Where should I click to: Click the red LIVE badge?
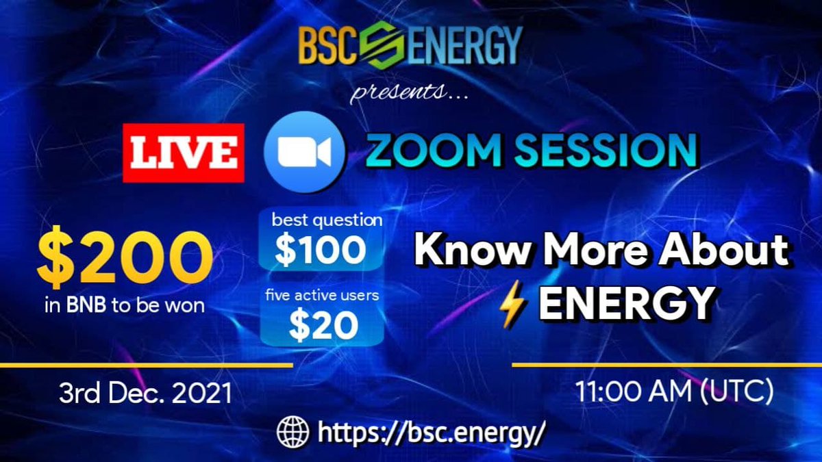tap(184, 153)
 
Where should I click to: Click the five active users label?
tap(321, 296)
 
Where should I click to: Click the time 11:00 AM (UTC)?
tap(674, 393)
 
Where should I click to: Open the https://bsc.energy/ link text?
tap(432, 433)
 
